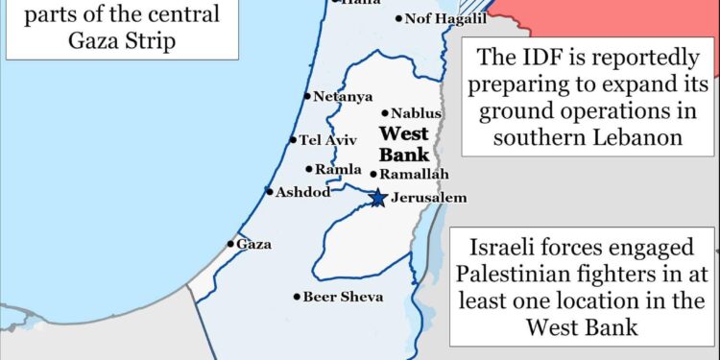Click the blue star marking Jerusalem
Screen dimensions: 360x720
click(377, 198)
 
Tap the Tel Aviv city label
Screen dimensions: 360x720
click(328, 140)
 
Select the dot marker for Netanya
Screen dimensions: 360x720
click(306, 96)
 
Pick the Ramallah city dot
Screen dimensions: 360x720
click(373, 174)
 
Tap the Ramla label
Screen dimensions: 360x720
click(338, 169)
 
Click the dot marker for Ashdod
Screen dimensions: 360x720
click(270, 191)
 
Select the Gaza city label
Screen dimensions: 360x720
click(253, 244)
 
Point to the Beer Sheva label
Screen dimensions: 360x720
click(343, 297)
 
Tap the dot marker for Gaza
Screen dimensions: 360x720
click(230, 244)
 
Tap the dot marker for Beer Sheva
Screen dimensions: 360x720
click(297, 297)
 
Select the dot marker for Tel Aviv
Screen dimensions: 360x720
click(293, 140)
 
